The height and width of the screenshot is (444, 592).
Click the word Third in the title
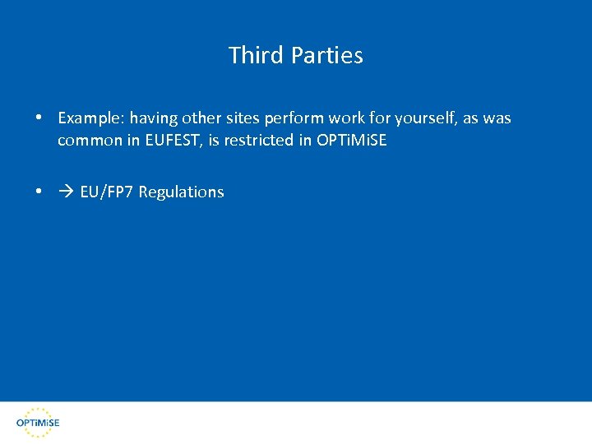[x=254, y=55]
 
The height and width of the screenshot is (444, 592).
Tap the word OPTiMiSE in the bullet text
[x=351, y=141]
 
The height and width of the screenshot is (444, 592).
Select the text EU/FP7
[x=107, y=192]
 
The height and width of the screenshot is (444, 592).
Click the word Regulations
[x=181, y=192]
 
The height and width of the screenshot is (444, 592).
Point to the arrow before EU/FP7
[x=66, y=192]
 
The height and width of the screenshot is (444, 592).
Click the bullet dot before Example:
[x=39, y=118]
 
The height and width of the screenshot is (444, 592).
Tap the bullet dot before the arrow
[x=39, y=192]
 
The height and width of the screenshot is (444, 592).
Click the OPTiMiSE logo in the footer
[x=38, y=422]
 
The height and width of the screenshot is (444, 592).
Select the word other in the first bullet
[x=201, y=118]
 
